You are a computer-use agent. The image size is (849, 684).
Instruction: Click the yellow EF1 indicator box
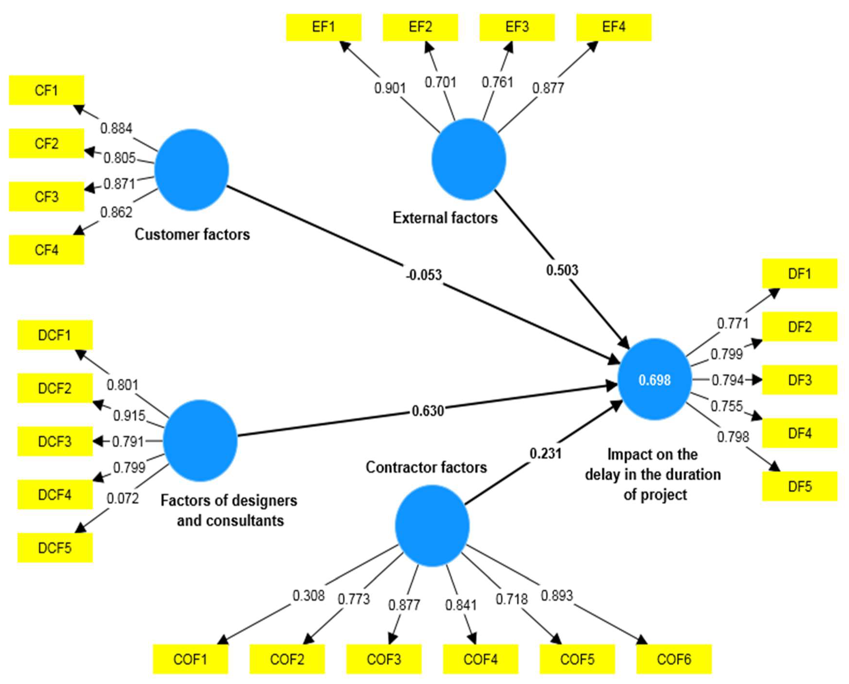pyautogui.click(x=323, y=27)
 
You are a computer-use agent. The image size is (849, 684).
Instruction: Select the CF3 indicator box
pyautogui.click(x=46, y=196)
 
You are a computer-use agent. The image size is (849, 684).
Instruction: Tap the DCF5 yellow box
pyautogui.click(x=55, y=548)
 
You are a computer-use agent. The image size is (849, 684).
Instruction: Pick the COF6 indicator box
pyautogui.click(x=674, y=659)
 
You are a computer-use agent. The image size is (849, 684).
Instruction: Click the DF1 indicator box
pyautogui.click(x=799, y=274)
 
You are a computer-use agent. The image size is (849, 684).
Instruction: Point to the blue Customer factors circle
pyautogui.click(x=191, y=170)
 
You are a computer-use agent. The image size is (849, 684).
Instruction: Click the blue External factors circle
pyautogui.click(x=469, y=159)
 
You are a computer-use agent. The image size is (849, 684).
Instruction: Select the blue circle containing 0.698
pyautogui.click(x=655, y=380)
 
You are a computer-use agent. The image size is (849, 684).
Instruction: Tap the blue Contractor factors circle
pyautogui.click(x=432, y=526)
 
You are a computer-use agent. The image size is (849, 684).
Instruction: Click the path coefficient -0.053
pyautogui.click(x=424, y=275)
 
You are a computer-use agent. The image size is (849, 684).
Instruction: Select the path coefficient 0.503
pyautogui.click(x=562, y=270)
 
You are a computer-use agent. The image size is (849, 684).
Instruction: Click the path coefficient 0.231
pyautogui.click(x=545, y=454)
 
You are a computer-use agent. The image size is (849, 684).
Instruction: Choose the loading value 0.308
pyautogui.click(x=308, y=595)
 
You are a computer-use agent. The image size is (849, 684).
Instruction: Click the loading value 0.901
pyautogui.click(x=390, y=88)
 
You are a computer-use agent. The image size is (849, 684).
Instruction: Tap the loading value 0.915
pyautogui.click(x=129, y=416)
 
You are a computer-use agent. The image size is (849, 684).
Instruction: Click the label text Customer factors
pyautogui.click(x=192, y=235)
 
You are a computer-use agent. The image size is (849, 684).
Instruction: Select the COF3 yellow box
pyautogui.click(x=384, y=659)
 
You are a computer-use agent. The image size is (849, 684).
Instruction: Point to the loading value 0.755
pyautogui.click(x=727, y=406)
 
